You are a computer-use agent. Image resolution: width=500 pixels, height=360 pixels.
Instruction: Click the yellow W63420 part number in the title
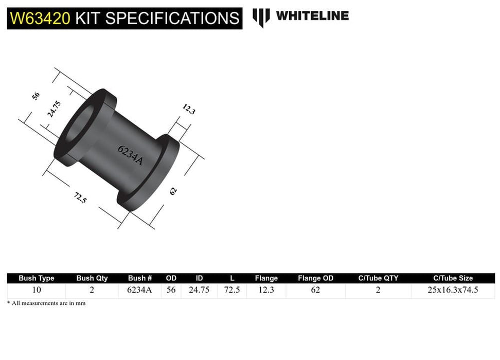(x=40, y=19)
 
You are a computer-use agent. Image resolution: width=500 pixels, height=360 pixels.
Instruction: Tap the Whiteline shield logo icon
(x=261, y=17)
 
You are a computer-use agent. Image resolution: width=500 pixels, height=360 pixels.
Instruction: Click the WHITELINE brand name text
(x=312, y=16)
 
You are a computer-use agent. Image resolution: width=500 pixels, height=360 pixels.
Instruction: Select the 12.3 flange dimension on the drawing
(x=189, y=109)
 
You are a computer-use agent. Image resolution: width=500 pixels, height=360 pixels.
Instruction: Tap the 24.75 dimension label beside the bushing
(x=55, y=110)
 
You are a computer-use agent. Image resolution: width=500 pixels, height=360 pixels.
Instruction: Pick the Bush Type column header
(x=36, y=278)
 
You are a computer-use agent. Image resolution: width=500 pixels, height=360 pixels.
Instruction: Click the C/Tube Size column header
(x=452, y=278)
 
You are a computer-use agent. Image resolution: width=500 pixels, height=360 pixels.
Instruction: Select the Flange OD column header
(x=315, y=278)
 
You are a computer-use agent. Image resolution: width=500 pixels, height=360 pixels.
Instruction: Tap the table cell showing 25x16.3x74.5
(x=452, y=290)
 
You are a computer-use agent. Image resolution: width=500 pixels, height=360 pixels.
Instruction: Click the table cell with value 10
(x=36, y=290)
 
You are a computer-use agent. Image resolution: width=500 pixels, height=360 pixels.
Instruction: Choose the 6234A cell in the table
(x=140, y=290)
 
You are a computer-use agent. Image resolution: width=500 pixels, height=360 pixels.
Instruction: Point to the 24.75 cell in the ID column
(x=199, y=290)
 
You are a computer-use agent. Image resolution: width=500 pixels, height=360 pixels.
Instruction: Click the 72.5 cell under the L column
(x=232, y=290)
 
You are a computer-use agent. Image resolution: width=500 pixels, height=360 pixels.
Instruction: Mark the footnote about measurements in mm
(x=46, y=303)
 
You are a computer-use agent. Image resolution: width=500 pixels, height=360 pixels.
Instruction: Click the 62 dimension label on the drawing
(x=173, y=191)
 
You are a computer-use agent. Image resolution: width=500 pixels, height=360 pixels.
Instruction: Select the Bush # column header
(x=140, y=278)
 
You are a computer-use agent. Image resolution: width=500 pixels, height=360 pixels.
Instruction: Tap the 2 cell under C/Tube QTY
(x=378, y=290)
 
